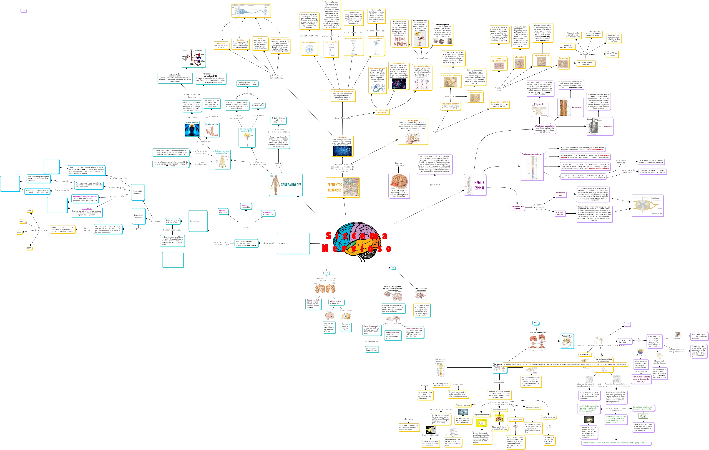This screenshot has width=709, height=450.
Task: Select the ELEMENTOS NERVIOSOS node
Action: tap(342, 187)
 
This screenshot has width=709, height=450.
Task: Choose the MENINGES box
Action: tap(293, 243)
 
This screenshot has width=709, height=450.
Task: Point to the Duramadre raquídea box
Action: tap(138, 192)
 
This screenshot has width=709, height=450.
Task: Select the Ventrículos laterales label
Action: tap(421, 289)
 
